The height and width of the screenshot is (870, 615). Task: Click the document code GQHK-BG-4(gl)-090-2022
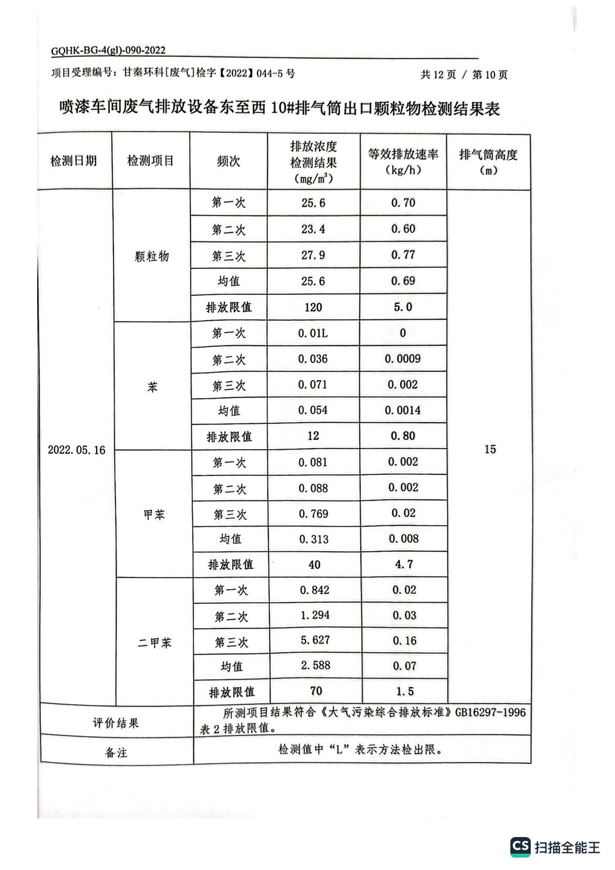[108, 51]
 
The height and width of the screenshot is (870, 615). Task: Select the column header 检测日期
[73, 161]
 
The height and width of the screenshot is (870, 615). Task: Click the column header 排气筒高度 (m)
[488, 162]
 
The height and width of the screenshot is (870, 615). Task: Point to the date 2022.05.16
[76, 450]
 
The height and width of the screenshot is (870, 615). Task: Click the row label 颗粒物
[152, 256]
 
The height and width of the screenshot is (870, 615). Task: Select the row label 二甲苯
[154, 642]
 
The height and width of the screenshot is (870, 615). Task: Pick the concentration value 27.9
[313, 255]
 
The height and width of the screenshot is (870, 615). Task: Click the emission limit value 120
[313, 307]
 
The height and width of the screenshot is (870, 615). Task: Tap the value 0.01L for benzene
[313, 333]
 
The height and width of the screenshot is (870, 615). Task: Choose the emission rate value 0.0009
[403, 359]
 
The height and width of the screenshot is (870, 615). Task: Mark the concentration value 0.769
[314, 514]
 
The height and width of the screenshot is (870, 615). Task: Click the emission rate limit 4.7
[404, 564]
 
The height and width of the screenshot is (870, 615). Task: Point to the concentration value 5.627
[315, 640]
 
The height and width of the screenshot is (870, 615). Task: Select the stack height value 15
[490, 449]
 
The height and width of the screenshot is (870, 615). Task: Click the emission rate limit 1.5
[405, 691]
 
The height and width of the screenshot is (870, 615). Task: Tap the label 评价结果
[115, 723]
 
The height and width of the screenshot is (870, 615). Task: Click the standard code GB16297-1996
[490, 712]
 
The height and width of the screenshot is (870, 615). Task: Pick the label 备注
[116, 752]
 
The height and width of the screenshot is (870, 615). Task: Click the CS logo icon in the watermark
[521, 847]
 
